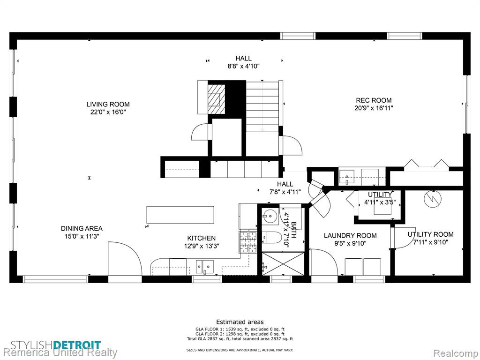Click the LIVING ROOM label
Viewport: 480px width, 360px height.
(x=108, y=104)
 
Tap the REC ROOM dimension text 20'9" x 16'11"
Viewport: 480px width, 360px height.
(x=374, y=108)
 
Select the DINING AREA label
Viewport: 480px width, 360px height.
(x=82, y=228)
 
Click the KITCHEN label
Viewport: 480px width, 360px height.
(x=202, y=238)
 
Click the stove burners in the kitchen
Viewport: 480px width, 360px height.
(x=248, y=242)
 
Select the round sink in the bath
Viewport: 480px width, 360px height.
(x=270, y=217)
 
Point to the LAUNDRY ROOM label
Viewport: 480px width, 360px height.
(x=350, y=235)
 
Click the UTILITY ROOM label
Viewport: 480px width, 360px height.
(x=430, y=234)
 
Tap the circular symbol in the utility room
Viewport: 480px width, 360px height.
(x=433, y=199)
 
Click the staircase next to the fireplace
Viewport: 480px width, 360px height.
(x=262, y=106)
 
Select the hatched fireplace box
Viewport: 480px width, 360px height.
(x=217, y=99)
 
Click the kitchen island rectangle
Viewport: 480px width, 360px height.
(x=180, y=215)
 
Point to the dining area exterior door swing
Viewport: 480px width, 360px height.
(x=125, y=259)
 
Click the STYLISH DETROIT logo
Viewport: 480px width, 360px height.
(x=55, y=345)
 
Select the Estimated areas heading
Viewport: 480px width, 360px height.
(x=240, y=322)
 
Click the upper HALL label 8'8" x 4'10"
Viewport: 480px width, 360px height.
(x=244, y=62)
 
